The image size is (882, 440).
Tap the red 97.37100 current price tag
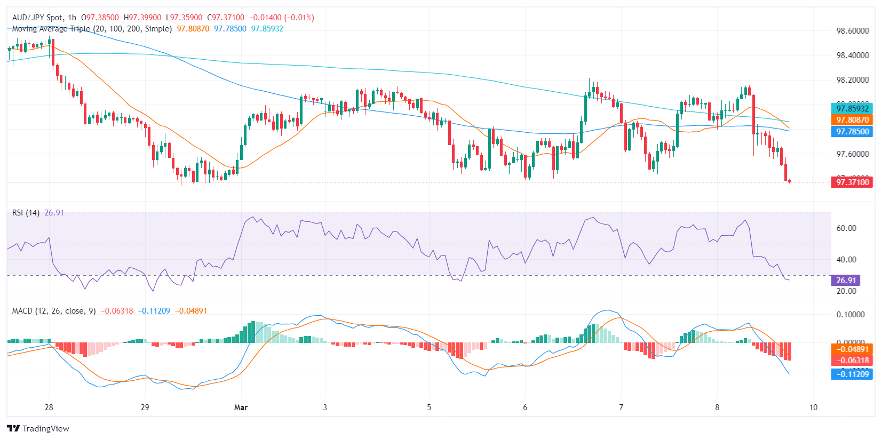click(x=852, y=182)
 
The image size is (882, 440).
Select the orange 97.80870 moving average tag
click(x=852, y=120)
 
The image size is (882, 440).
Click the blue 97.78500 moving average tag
click(x=852, y=132)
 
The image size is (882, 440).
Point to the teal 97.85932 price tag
click(x=852, y=109)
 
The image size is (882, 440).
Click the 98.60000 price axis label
click(x=852, y=31)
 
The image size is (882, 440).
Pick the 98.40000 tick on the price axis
click(x=852, y=55)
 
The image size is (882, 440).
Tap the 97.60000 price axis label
click(x=852, y=154)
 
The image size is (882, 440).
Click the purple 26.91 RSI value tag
click(x=846, y=281)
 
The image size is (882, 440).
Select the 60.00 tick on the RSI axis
click(x=846, y=228)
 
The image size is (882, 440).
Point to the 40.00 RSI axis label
click(x=846, y=260)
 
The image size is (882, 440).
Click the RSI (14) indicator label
click(x=26, y=213)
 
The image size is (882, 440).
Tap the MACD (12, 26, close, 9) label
click(x=54, y=311)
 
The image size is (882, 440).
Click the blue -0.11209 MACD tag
click(x=852, y=374)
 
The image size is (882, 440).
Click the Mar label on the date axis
click(x=241, y=407)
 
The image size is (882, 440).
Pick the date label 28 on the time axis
click(x=49, y=407)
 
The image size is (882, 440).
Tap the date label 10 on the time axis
click(x=813, y=407)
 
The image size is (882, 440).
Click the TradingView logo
click(x=38, y=429)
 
